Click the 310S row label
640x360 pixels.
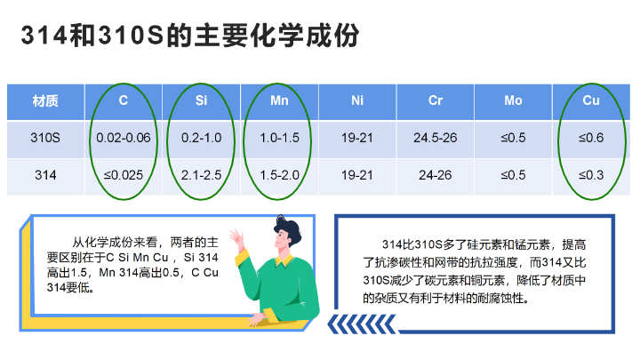click(x=45, y=139)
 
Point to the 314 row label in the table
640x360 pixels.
click(x=45, y=176)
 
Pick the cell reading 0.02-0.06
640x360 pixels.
click(x=124, y=139)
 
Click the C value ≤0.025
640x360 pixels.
click(x=124, y=176)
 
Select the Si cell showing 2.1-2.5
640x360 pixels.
click(x=201, y=176)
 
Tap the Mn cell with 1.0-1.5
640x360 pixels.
click(x=279, y=139)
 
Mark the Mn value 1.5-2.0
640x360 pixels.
click(x=279, y=176)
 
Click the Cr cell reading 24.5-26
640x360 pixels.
click(x=435, y=139)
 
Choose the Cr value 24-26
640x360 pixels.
click(x=435, y=176)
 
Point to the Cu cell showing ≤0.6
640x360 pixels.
click(x=590, y=139)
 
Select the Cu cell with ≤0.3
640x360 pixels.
click(x=590, y=176)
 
